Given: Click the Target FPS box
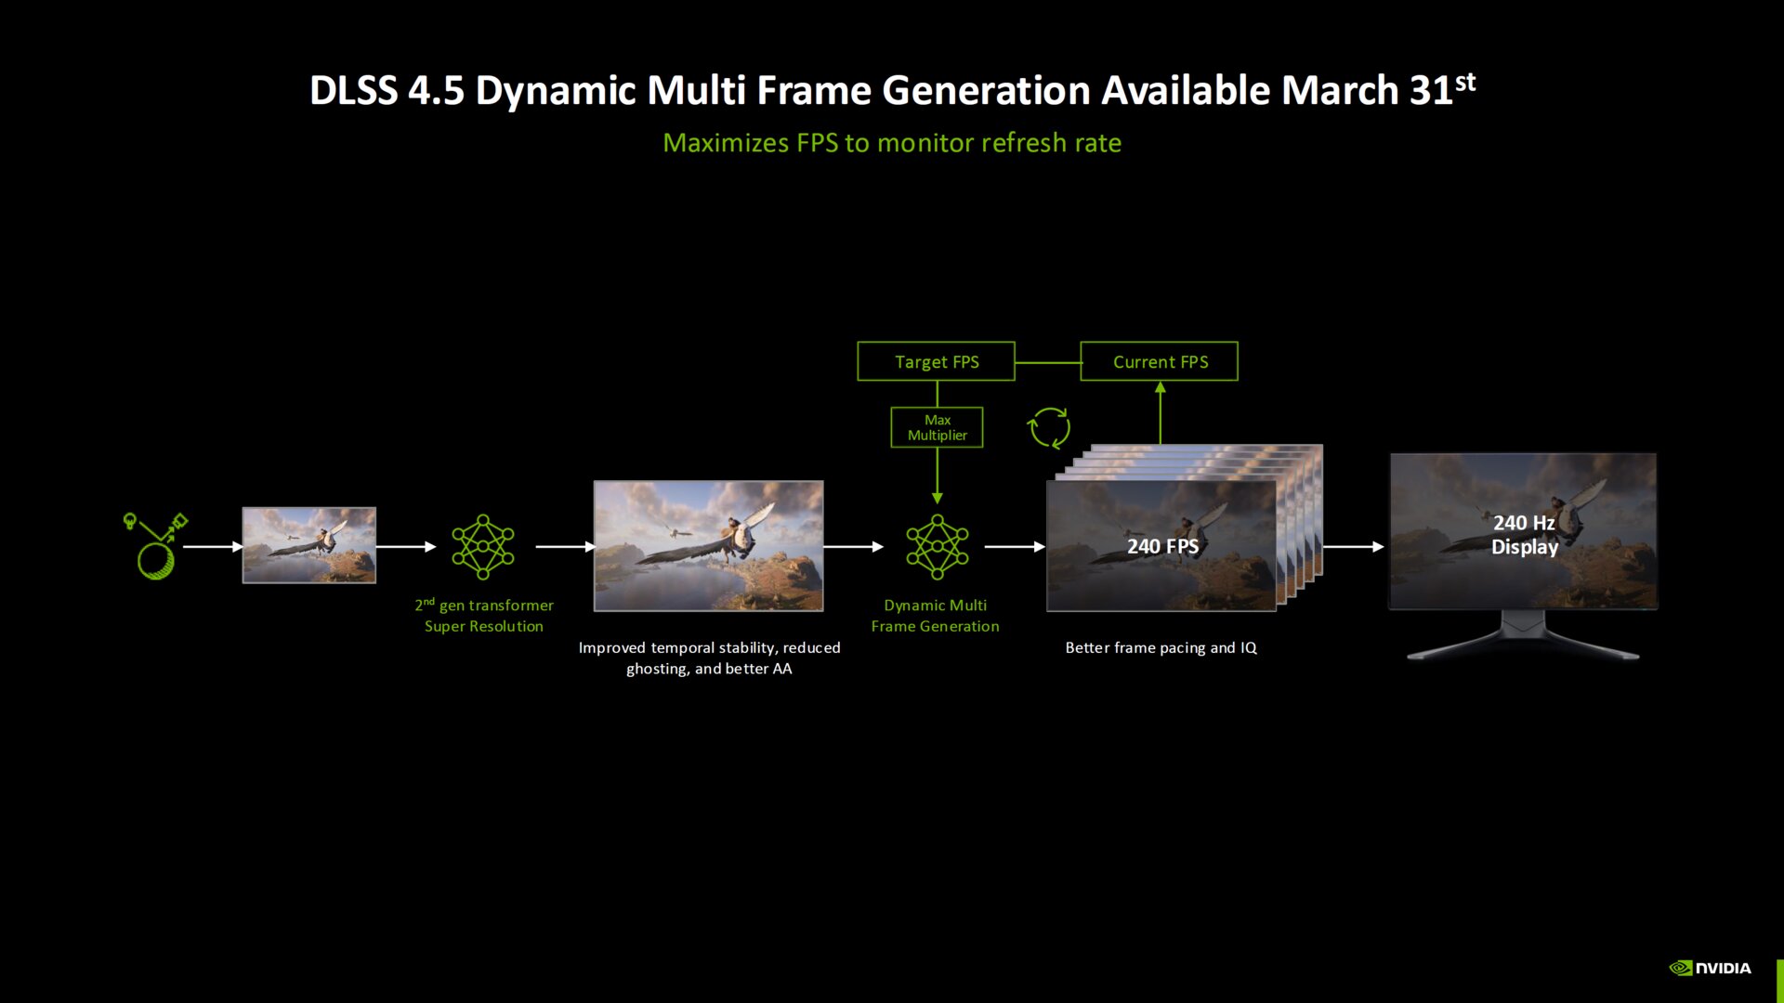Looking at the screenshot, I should point(936,361).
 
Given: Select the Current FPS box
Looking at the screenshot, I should point(1159,361).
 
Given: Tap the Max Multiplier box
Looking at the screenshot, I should point(937,427).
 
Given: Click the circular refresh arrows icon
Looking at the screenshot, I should point(1049,428).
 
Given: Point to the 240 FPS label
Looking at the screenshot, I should point(1162,546).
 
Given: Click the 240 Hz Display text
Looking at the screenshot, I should point(1524,535).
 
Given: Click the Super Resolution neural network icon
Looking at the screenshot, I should point(483,547).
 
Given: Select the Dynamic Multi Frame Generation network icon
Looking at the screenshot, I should point(937,547).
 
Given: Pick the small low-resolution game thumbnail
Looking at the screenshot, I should point(309,545).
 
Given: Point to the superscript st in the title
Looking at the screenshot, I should point(1465,82).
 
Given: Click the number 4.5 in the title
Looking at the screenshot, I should point(436,91).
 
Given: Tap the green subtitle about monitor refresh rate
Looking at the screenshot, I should point(892,143).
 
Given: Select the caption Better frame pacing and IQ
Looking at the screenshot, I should point(1161,647).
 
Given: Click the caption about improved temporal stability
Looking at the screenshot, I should point(709,658).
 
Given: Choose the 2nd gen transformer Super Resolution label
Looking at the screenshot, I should point(484,616).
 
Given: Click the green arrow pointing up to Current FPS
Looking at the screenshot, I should point(1160,412).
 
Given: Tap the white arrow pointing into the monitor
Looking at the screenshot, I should point(1354,547).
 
